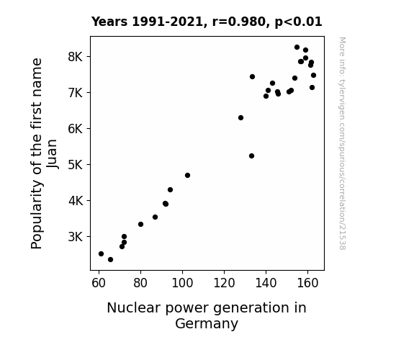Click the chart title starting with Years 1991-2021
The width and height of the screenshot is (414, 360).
pos(207,22)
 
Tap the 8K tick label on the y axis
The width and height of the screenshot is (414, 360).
pos(76,57)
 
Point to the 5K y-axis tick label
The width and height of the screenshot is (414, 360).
pos(76,165)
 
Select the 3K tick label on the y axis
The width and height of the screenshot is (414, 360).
pos(76,237)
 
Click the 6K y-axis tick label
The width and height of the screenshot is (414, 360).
pos(76,129)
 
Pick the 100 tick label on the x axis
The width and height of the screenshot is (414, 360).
pos(182,283)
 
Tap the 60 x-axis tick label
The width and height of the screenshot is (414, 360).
pos(99,283)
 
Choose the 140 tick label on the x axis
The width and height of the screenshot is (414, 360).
pos(266,283)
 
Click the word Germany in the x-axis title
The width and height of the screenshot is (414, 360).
pos(207,324)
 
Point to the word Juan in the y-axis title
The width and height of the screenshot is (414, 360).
pos(52,153)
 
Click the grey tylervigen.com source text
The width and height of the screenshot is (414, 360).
pos(342,143)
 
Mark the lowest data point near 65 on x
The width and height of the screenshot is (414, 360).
pos(110,260)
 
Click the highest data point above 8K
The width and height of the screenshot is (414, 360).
pos(297,48)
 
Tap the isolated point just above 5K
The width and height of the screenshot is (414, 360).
pos(251,156)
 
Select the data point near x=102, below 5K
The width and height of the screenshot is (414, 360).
pos(187,176)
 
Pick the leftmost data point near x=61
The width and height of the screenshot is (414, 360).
pos(101,254)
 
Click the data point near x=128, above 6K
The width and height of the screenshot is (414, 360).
pos(240,118)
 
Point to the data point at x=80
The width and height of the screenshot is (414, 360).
pos(140,224)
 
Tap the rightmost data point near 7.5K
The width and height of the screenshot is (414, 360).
pos(313,76)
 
